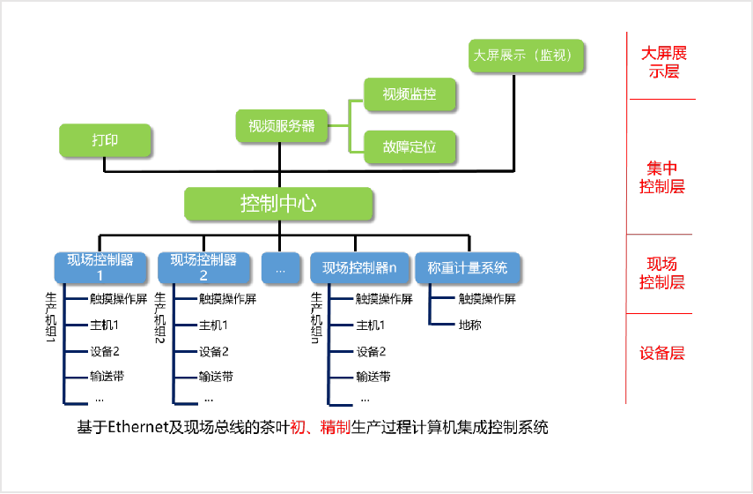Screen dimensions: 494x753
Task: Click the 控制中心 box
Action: (x=278, y=204)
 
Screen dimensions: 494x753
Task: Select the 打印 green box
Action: (x=105, y=141)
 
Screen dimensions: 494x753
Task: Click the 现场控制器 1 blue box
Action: (x=100, y=267)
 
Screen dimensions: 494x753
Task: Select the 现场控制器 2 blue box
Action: (x=203, y=267)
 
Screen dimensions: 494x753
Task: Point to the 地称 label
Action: (x=470, y=325)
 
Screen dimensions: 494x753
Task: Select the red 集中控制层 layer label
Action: (x=661, y=177)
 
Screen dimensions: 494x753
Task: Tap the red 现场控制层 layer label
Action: (x=661, y=273)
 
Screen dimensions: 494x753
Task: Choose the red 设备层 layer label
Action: (x=661, y=354)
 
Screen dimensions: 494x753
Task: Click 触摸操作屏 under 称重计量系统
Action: (x=487, y=299)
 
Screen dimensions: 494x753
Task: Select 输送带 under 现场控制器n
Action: (x=373, y=377)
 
